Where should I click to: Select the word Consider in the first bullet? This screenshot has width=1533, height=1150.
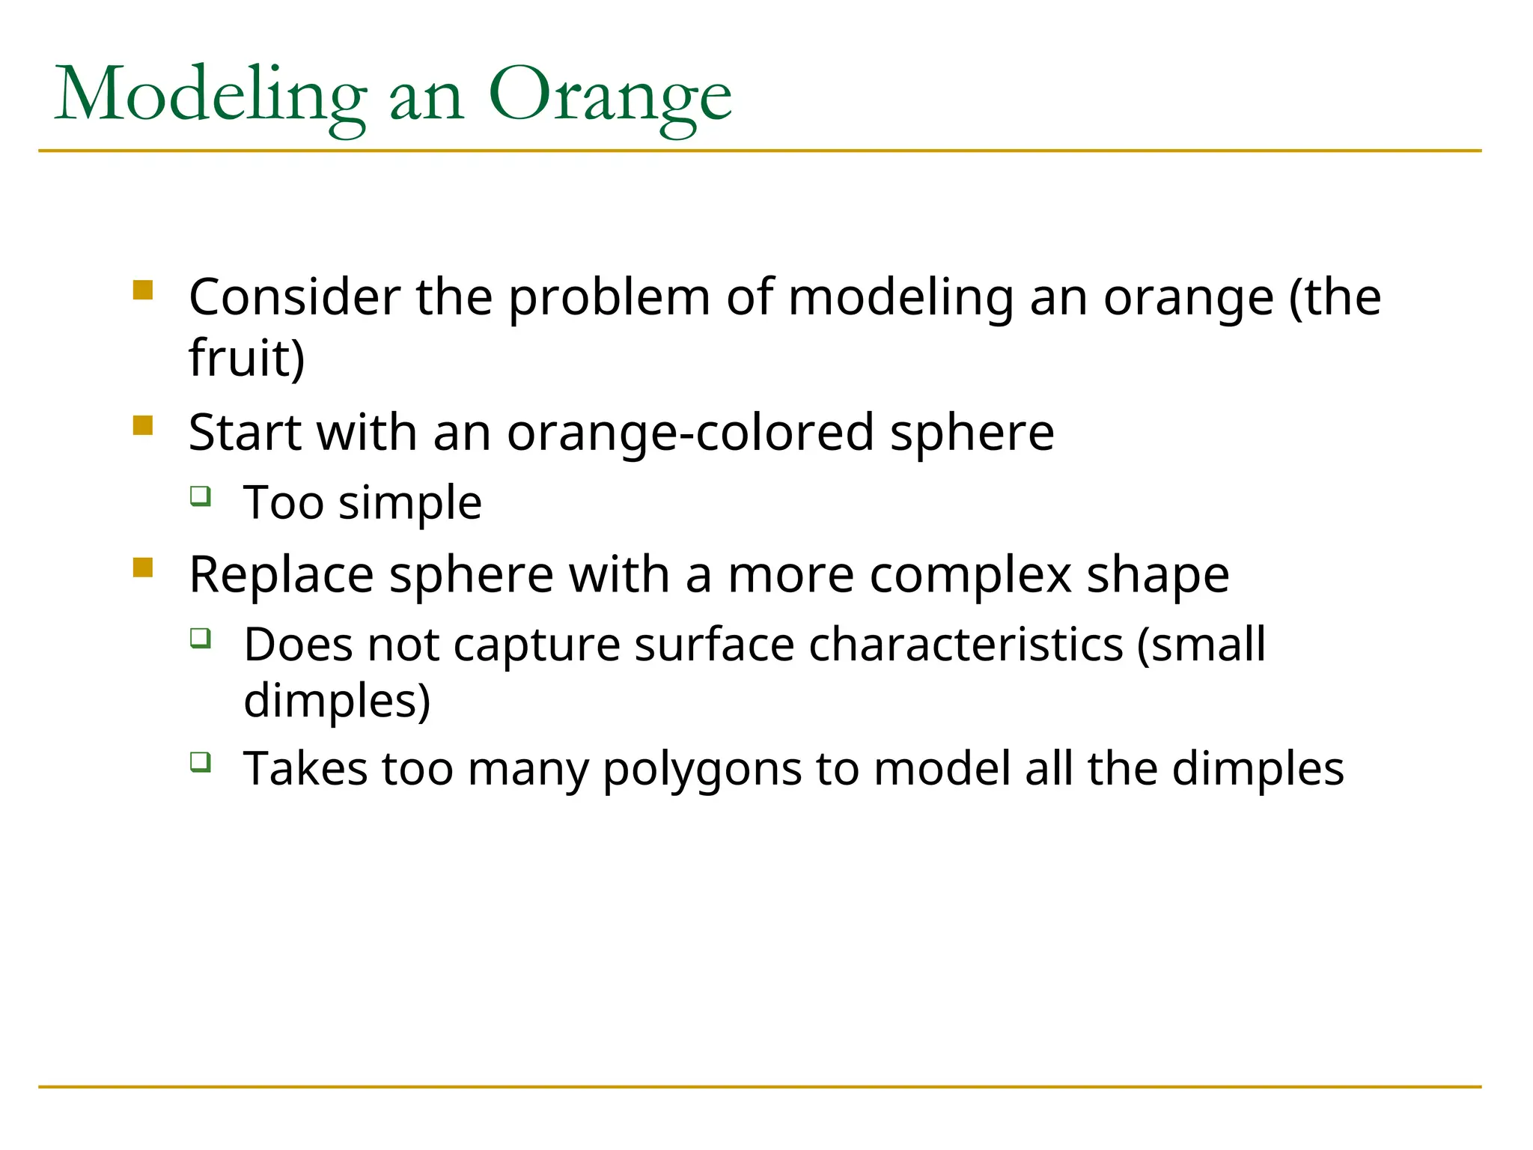[294, 297]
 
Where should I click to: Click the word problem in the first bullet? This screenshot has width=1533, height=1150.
[609, 299]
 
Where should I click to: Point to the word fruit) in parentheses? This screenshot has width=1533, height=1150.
[247, 358]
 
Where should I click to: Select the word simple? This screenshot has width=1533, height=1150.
[410, 503]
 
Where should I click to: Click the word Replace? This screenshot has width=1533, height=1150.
[281, 575]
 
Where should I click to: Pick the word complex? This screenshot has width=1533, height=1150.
[970, 576]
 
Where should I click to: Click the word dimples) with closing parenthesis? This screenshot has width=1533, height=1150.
[337, 702]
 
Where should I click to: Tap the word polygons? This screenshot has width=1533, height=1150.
[702, 770]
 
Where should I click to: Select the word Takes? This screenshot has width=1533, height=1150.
[305, 769]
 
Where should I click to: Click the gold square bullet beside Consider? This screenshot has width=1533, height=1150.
[143, 290]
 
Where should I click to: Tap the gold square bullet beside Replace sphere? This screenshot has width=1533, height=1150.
[143, 568]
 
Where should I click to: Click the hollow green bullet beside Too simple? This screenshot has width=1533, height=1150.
[200, 496]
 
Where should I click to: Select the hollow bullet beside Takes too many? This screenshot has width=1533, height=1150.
[200, 762]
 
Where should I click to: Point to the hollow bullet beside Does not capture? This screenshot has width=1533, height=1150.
[200, 638]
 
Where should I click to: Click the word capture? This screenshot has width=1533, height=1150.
[537, 645]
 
